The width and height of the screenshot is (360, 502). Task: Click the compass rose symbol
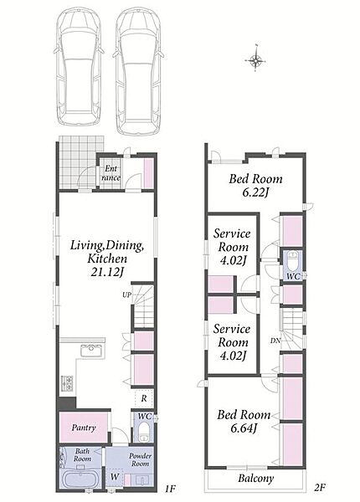(x=256, y=59)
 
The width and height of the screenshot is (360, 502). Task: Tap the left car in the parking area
(x=79, y=68)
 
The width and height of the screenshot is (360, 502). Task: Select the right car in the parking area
(x=138, y=71)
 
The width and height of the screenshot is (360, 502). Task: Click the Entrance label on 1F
(x=111, y=173)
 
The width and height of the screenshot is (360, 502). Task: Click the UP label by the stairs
(x=126, y=295)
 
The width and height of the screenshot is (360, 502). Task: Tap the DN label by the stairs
(x=275, y=341)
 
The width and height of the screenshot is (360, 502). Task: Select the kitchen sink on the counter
(x=92, y=351)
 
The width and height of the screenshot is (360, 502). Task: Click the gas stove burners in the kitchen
(x=68, y=383)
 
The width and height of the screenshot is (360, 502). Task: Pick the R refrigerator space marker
(x=144, y=398)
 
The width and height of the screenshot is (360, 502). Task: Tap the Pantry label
(x=84, y=428)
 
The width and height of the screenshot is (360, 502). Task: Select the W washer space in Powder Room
(x=115, y=477)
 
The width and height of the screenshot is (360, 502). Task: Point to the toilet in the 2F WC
(x=293, y=261)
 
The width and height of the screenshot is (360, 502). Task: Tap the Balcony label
(x=256, y=479)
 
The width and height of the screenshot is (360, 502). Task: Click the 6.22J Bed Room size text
(x=255, y=192)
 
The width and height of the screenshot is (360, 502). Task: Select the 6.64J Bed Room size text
(x=244, y=428)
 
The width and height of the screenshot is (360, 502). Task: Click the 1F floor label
(x=171, y=489)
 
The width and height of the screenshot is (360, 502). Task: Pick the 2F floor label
(x=320, y=488)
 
